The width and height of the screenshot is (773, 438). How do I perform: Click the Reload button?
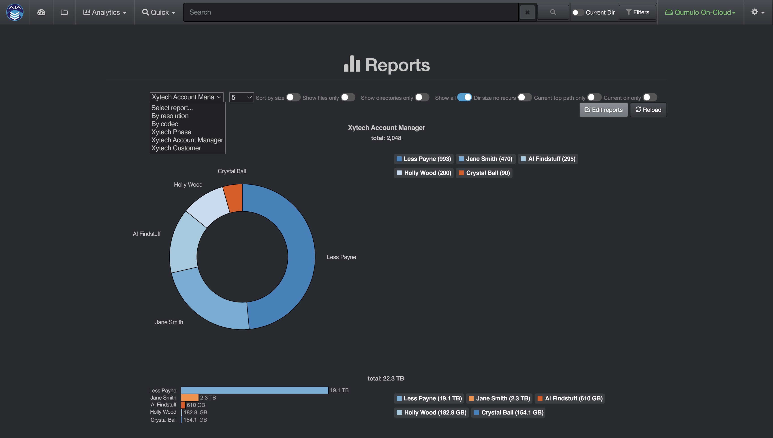coord(648,110)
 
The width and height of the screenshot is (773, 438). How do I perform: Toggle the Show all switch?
coord(464,98)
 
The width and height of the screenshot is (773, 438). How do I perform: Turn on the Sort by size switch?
coord(293,98)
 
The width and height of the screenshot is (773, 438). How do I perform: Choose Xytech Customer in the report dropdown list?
coord(176,148)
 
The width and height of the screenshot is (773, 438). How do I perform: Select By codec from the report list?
coord(164,124)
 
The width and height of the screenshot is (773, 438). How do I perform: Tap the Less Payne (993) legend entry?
coord(424,159)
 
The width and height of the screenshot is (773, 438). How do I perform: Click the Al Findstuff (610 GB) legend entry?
coord(570,398)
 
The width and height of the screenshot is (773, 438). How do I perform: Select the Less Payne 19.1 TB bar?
coord(254,390)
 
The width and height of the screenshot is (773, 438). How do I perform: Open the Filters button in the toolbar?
coord(637,12)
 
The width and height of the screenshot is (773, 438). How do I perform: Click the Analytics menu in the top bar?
coord(105,12)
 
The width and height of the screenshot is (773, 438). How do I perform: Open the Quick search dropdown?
coord(158,12)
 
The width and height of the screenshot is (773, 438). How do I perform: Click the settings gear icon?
coord(757,12)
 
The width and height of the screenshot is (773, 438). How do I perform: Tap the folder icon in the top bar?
coord(64,12)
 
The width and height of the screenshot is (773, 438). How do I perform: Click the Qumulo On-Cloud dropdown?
coord(700,12)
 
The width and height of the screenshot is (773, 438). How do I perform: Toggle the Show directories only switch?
coord(422,98)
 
